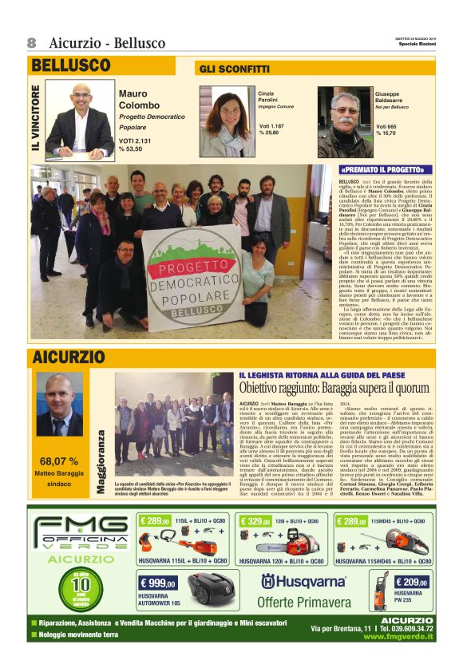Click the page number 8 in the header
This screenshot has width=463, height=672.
coord(32,42)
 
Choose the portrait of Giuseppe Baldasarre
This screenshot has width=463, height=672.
coord(345,121)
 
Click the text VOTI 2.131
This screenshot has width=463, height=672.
coord(136,140)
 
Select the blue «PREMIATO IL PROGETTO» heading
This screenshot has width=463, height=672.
coord(381,170)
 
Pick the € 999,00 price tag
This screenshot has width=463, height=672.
coord(158,583)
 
